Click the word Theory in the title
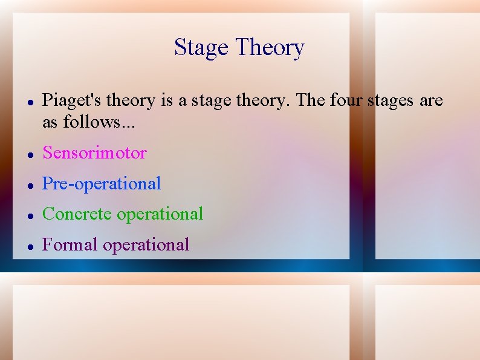coord(270,48)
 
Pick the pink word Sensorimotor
coord(94,153)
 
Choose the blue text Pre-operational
coord(102,184)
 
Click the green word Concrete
coord(77,214)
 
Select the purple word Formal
coord(70,245)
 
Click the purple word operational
coord(146,245)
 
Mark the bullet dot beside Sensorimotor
coord(30,154)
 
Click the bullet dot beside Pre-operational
coord(30,185)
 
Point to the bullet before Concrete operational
coord(30,215)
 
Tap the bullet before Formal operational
coord(30,246)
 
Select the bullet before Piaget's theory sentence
coord(30,102)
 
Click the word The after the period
coord(311,100)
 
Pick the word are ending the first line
coord(431,101)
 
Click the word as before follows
coord(50,122)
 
